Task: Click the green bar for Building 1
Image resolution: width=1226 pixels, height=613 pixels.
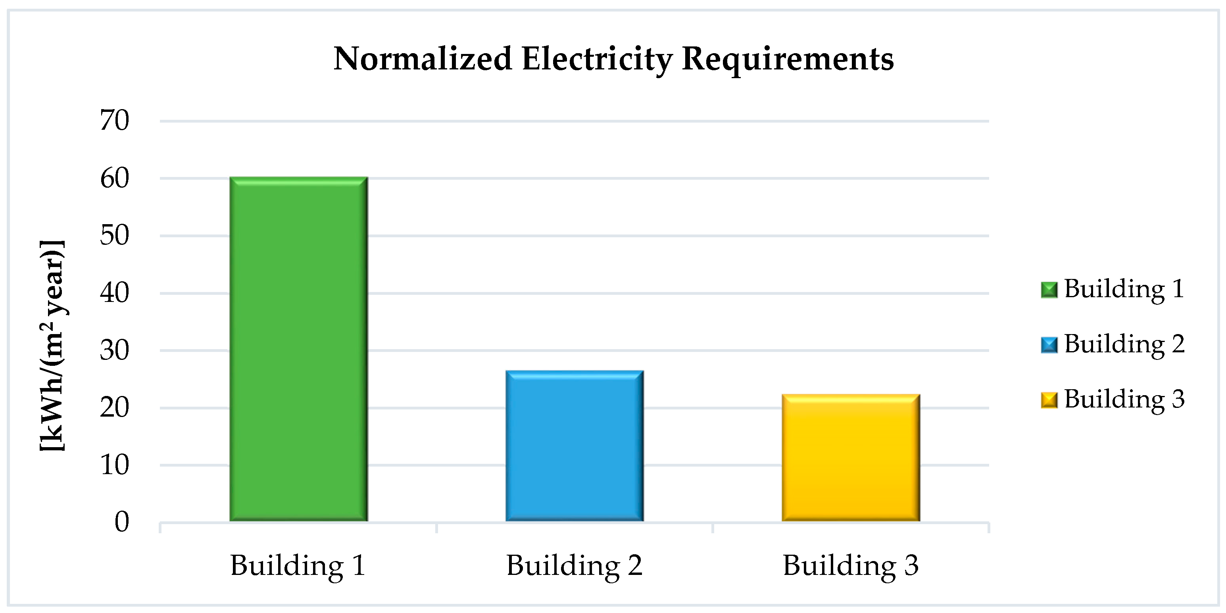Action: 298,349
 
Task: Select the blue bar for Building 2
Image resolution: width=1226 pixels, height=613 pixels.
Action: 575,446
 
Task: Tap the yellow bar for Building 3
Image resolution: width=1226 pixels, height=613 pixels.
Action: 851,458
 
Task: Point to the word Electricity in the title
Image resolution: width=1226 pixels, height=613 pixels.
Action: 597,59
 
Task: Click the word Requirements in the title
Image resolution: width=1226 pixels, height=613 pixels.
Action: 788,59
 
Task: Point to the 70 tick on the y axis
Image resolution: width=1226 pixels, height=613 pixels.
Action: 114,120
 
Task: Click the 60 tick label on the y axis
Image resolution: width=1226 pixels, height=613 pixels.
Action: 114,179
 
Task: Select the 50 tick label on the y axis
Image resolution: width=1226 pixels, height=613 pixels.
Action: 114,236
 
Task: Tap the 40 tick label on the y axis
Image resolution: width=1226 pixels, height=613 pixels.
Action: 114,293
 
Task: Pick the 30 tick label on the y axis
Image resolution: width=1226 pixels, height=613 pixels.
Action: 114,351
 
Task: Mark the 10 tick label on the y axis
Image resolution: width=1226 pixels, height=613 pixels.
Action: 114,465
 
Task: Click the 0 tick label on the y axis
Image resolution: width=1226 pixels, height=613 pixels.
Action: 121,522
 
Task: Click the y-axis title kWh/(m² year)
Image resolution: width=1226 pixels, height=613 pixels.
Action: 52,345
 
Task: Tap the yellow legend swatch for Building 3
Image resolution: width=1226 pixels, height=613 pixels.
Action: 1049,400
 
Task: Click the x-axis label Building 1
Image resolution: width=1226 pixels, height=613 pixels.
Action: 298,566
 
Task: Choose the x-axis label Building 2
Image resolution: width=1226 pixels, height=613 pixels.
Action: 574,566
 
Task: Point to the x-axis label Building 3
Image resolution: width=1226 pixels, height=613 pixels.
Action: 851,566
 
